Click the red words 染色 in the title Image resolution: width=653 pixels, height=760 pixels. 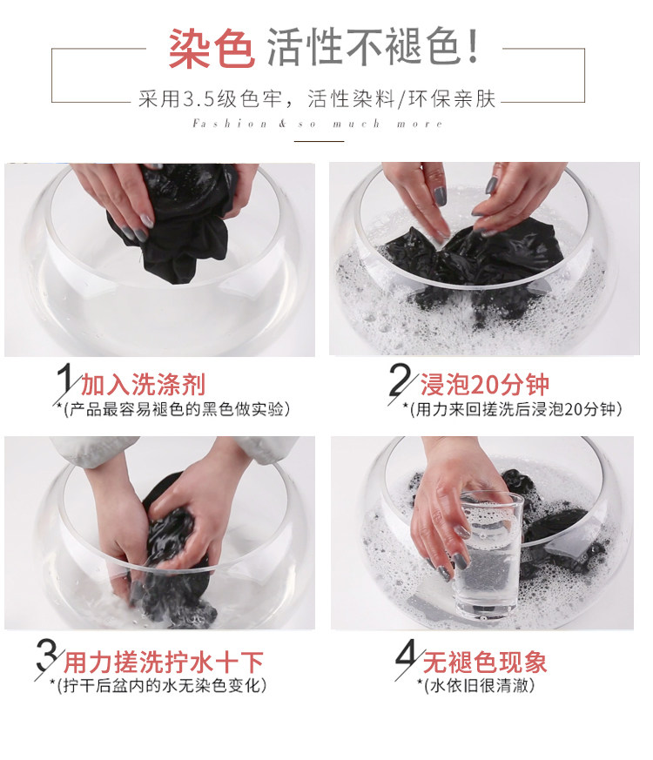(212, 49)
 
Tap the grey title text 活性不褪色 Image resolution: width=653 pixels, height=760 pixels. (373, 46)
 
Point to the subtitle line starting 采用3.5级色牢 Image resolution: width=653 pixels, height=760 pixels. (317, 99)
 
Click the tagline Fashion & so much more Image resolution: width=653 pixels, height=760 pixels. (318, 124)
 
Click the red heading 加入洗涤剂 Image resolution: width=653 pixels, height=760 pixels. (143, 385)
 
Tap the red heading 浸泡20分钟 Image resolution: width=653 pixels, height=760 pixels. (484, 385)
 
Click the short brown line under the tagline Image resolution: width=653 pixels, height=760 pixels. (320, 141)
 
